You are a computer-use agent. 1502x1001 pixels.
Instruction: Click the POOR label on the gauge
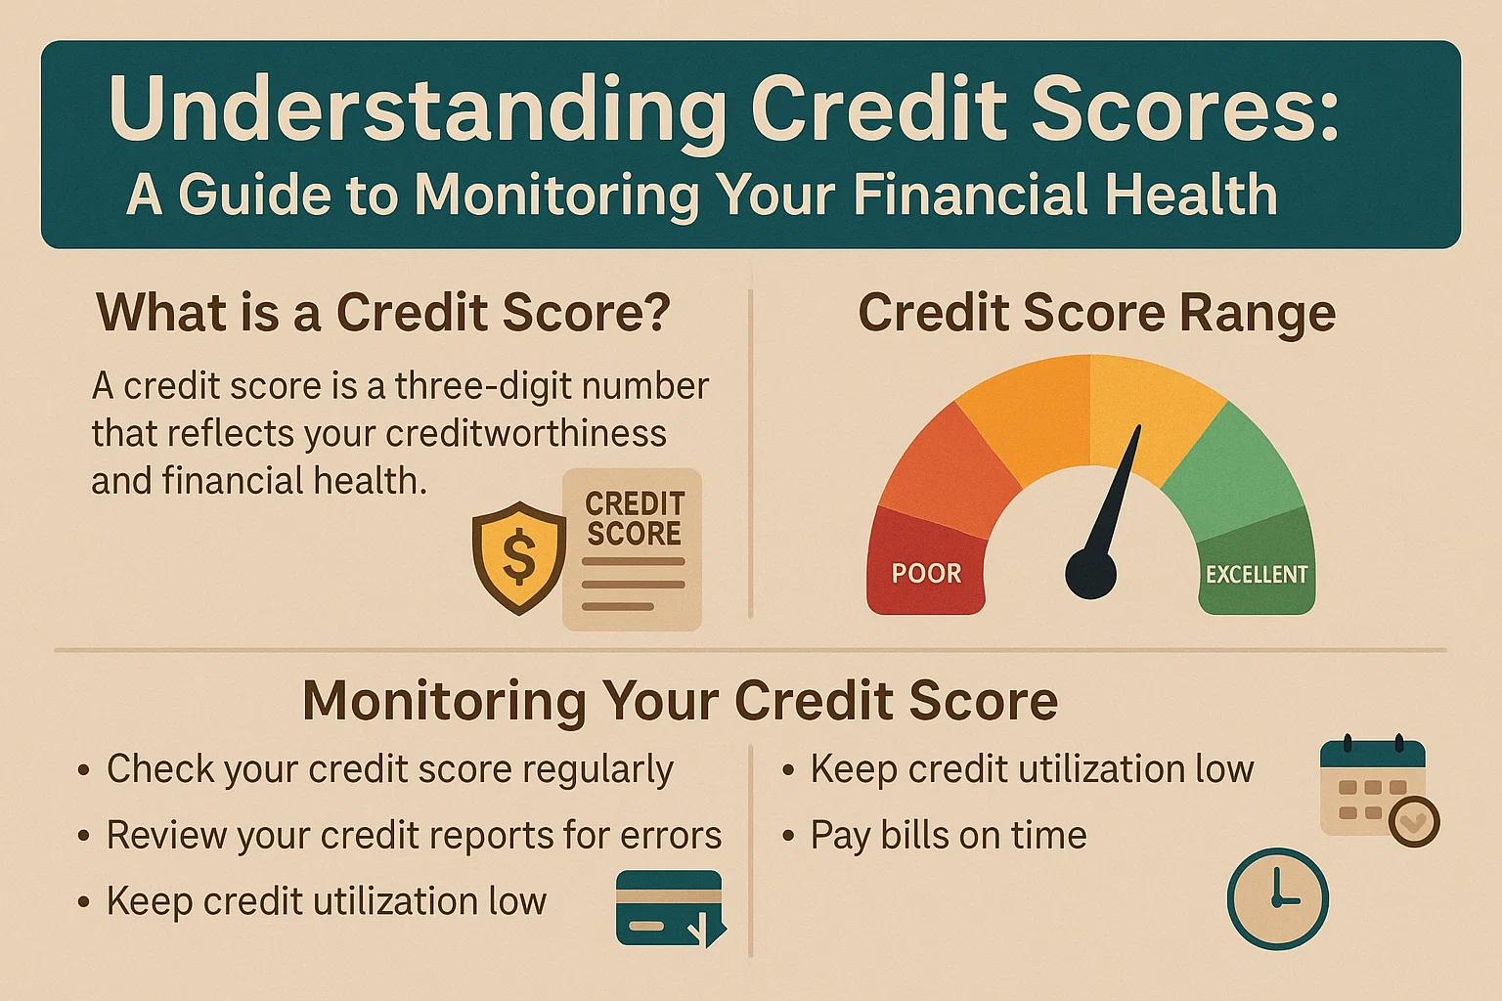(926, 573)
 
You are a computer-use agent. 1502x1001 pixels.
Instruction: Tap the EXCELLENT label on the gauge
(1256, 574)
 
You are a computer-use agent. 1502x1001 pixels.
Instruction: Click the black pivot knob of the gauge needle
(1090, 573)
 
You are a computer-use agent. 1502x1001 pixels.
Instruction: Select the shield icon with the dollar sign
(518, 557)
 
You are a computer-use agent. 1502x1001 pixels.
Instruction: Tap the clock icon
(1277, 898)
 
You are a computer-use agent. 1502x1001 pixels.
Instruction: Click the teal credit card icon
(670, 908)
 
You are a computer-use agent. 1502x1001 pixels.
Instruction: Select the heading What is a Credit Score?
(383, 314)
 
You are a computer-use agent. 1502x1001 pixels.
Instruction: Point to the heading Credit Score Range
(1096, 314)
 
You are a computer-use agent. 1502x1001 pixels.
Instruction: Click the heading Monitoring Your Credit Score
(680, 701)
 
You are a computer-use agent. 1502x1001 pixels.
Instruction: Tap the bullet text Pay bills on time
(948, 836)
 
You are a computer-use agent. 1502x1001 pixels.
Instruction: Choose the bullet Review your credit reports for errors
(414, 836)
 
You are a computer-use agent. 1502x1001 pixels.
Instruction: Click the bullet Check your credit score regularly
(389, 769)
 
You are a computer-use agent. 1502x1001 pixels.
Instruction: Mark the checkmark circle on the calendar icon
(1413, 821)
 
